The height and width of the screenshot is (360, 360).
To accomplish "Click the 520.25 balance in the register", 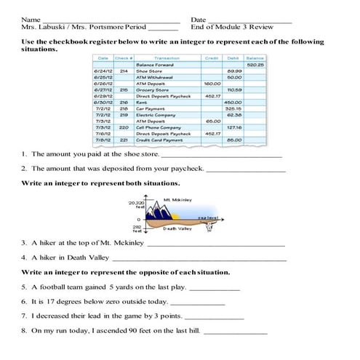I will click(x=255, y=65).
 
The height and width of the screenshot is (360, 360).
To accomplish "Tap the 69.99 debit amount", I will click(x=234, y=71).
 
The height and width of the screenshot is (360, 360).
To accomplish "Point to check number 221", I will click(x=124, y=140).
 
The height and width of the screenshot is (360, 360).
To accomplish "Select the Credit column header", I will click(x=212, y=57).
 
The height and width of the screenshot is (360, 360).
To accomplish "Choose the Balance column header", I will click(x=255, y=57).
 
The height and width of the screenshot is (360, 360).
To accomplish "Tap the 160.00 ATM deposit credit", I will click(x=212, y=83).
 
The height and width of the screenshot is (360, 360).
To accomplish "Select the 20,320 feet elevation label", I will click(x=136, y=205).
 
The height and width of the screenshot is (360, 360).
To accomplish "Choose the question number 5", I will click(x=24, y=287).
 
